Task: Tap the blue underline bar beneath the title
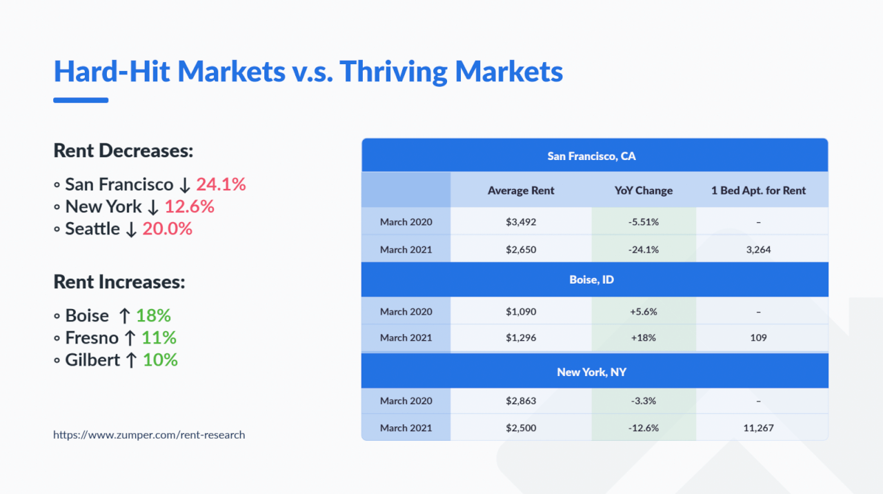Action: click(81, 100)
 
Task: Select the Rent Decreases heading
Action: click(123, 150)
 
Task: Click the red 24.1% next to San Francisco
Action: click(221, 185)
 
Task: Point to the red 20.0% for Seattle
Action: click(167, 229)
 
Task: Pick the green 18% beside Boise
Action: click(153, 316)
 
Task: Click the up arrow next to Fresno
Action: click(130, 338)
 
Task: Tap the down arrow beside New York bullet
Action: click(153, 207)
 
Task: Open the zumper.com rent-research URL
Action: click(149, 435)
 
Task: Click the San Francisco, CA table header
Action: click(591, 156)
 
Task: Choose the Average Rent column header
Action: click(521, 190)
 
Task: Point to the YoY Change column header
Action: click(643, 190)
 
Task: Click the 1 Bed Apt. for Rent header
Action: click(758, 190)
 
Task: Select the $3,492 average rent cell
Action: click(521, 222)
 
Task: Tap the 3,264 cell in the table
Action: click(758, 250)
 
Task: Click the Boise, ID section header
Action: click(591, 280)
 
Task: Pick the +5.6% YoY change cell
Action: click(643, 312)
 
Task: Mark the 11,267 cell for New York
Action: click(758, 428)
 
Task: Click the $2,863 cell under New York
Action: click(521, 401)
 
